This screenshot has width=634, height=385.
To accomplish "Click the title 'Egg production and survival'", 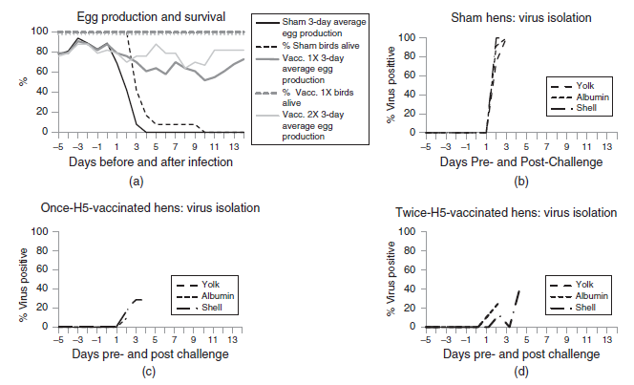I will pyautogui.click(x=140, y=16).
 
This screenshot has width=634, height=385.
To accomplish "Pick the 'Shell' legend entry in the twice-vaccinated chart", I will pyautogui.click(x=581, y=308).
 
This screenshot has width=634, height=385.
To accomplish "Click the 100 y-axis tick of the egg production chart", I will pyautogui.click(x=39, y=32).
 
